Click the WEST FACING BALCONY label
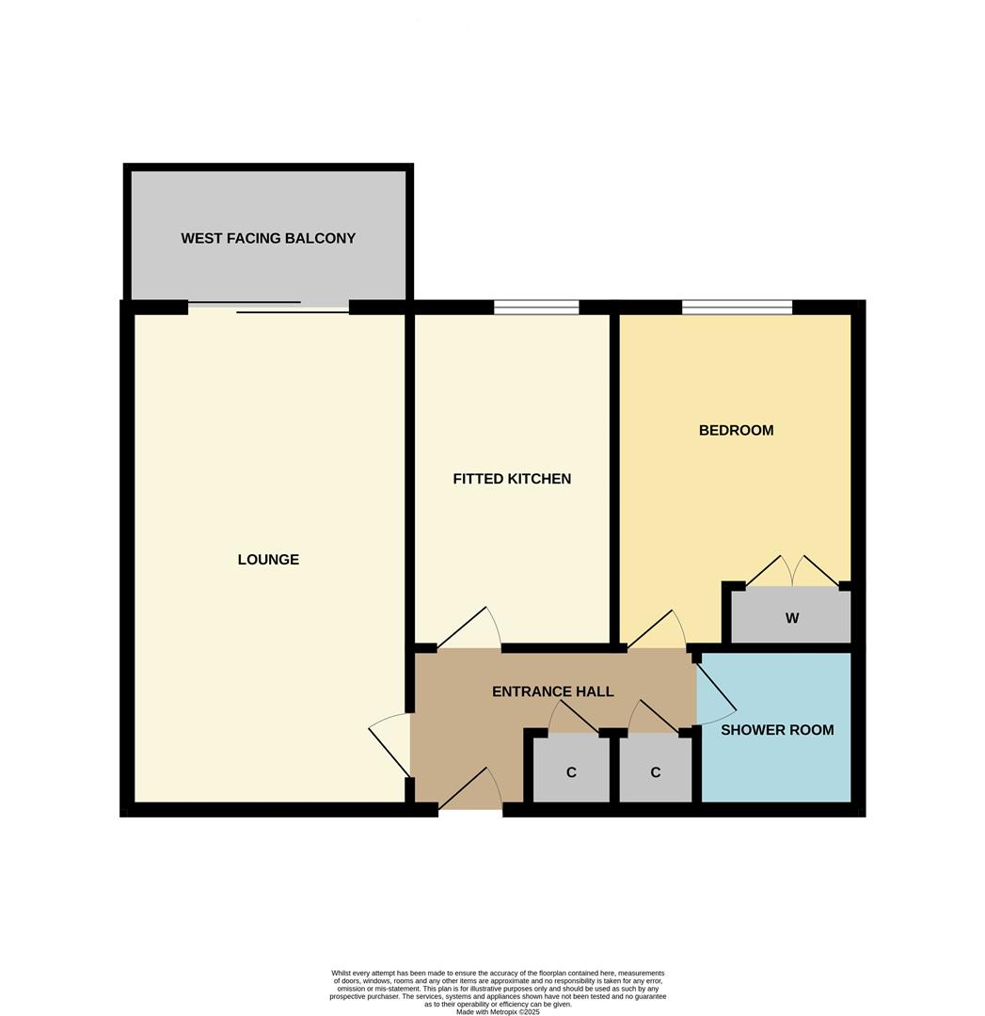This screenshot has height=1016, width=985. click(x=268, y=238)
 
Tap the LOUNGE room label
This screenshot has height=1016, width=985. click(x=268, y=560)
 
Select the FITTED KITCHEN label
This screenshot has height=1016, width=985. click(x=512, y=479)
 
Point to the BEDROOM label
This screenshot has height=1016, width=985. click(x=736, y=430)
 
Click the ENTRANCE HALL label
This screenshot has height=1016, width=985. click(x=552, y=691)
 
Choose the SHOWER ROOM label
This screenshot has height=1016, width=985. click(x=777, y=729)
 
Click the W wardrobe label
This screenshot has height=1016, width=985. click(x=792, y=618)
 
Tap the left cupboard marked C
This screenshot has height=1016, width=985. click(x=571, y=772)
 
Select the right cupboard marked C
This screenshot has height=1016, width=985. click(x=655, y=772)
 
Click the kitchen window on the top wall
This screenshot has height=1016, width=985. click(x=536, y=307)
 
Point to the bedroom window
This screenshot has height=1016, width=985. click(x=737, y=307)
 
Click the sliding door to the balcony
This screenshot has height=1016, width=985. click(x=268, y=308)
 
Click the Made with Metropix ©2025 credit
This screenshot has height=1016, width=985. click(x=498, y=1011)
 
